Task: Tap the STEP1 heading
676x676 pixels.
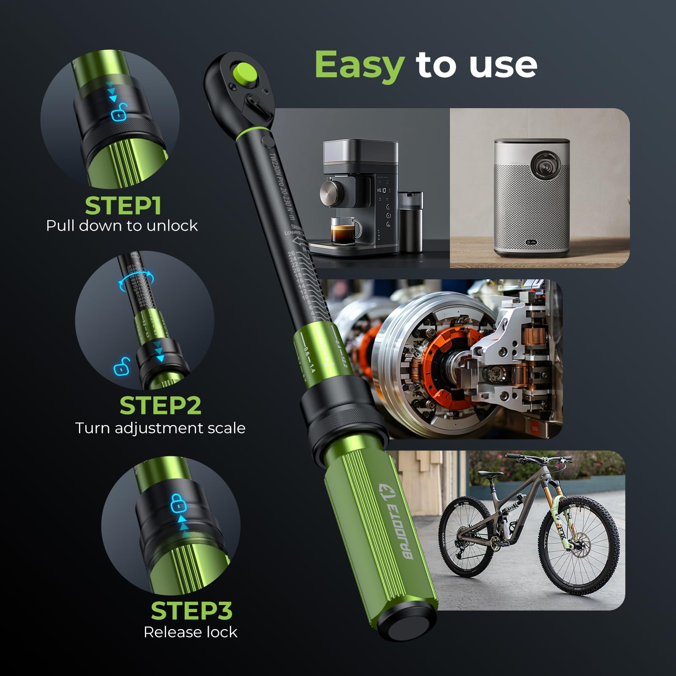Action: click(x=123, y=206)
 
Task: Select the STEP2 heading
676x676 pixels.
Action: click(x=160, y=406)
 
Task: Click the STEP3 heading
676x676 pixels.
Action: click(x=191, y=611)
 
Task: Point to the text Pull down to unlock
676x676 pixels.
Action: click(x=122, y=226)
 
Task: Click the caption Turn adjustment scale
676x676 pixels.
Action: click(x=160, y=428)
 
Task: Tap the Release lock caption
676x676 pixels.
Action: click(x=190, y=632)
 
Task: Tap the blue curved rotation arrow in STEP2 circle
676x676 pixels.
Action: click(x=136, y=281)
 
